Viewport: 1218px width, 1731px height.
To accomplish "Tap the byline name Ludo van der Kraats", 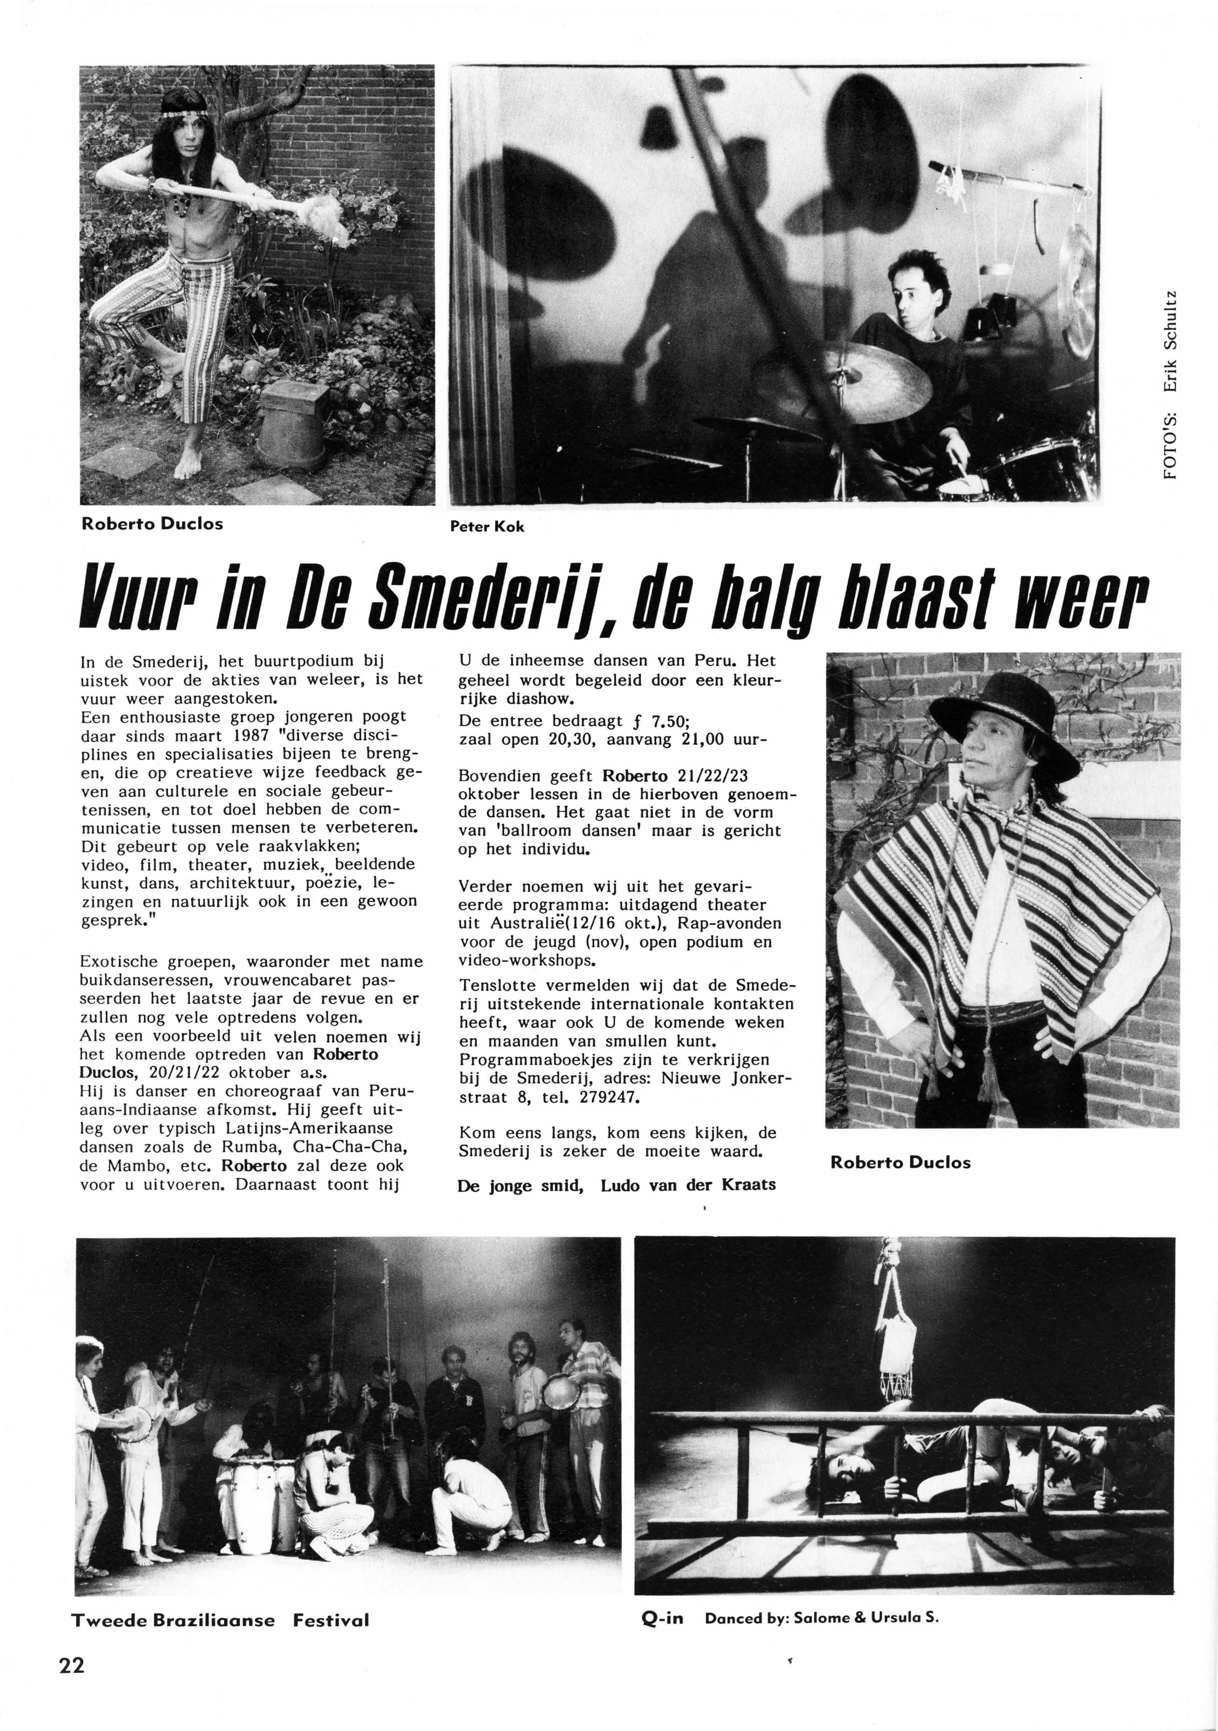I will point(688,1184).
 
